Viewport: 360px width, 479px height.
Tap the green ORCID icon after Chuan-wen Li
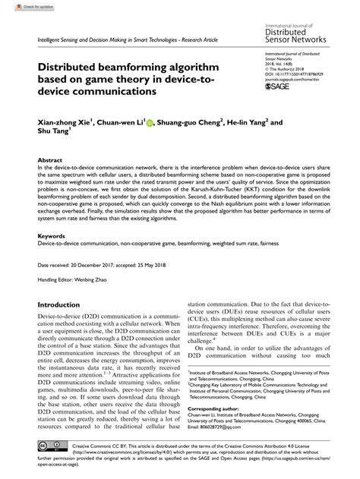point(150,121)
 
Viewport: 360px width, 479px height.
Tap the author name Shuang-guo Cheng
point(190,121)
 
